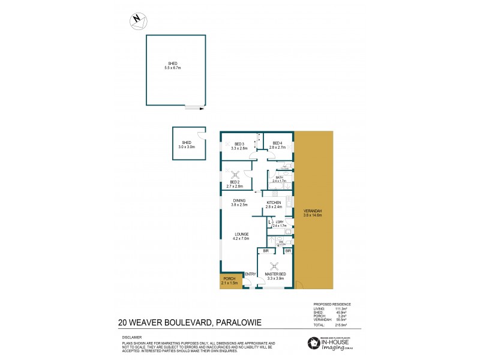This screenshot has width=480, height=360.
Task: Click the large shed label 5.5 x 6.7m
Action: coord(173,66)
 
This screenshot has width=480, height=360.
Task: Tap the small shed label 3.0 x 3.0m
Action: coord(187,144)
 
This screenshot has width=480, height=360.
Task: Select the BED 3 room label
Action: coord(239,146)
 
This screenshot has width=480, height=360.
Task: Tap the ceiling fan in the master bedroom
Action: coord(274,265)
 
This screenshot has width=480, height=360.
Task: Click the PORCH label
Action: coord(230,280)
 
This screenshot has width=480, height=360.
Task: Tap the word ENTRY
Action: coord(250,274)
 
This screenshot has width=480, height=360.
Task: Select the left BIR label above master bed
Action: coord(265,251)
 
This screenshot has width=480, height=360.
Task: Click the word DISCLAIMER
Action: coord(131,337)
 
